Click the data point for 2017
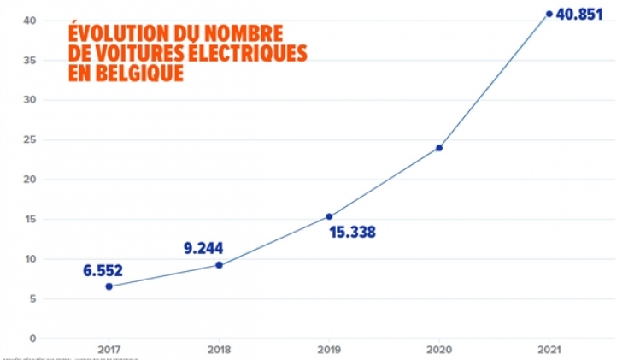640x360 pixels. (109, 286)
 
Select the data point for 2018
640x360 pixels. (219, 265)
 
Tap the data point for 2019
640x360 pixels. (329, 216)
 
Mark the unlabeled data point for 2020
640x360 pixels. (439, 148)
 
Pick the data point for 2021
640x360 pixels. (549, 14)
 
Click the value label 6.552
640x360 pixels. (103, 270)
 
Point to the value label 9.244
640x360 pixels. (204, 249)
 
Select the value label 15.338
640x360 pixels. (353, 232)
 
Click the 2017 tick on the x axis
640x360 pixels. (109, 349)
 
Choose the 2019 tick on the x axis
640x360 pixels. (329, 349)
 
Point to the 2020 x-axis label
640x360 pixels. (439, 349)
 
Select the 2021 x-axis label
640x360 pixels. (549, 349)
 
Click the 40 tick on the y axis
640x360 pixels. (30, 21)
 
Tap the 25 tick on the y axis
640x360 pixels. (30, 140)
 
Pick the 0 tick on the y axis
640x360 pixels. (32, 339)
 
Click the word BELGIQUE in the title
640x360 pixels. (138, 74)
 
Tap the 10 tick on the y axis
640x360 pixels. (30, 259)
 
